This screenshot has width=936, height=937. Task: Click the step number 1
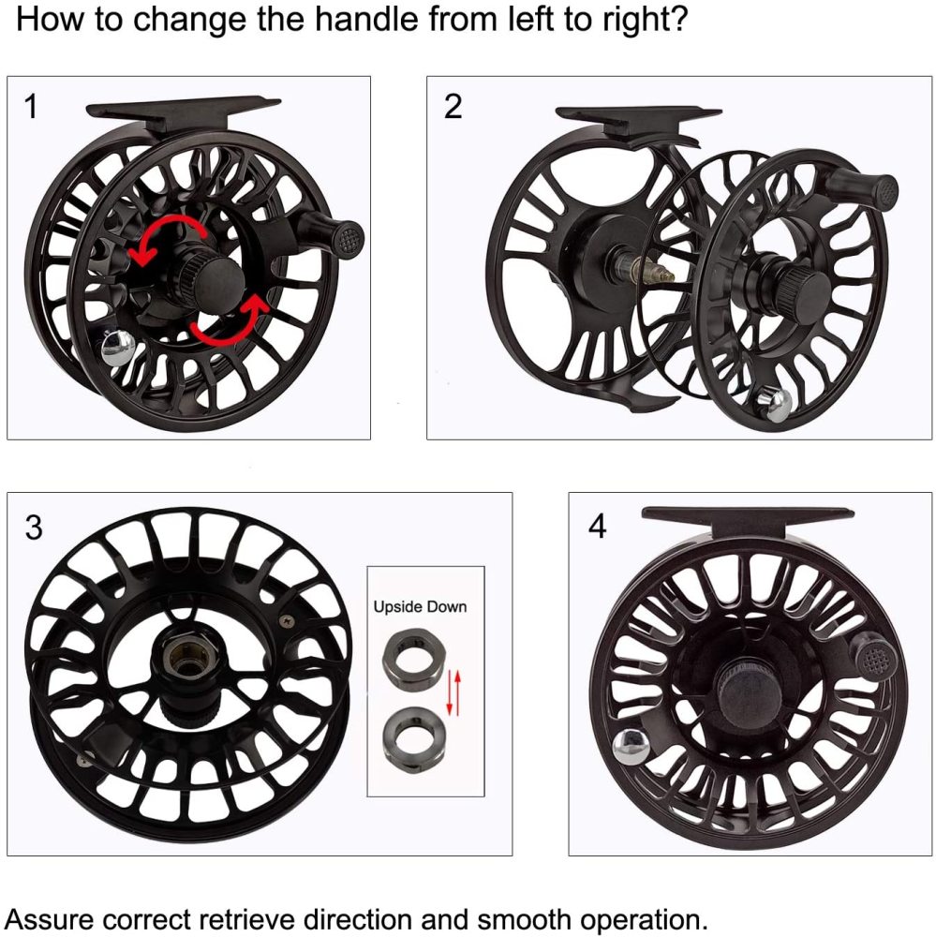coord(31,107)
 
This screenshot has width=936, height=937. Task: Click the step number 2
coord(453,107)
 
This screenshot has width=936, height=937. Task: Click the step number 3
coord(34,527)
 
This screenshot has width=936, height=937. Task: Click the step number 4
coord(597,526)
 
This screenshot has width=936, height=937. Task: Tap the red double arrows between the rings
coord(454,692)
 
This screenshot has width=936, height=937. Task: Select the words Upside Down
coord(420,606)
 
